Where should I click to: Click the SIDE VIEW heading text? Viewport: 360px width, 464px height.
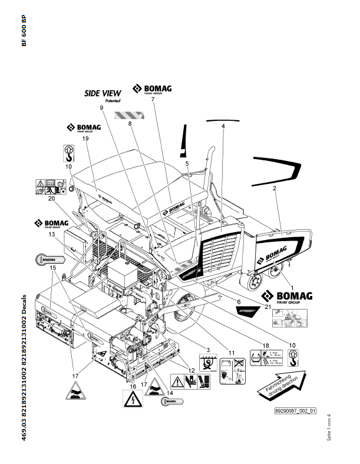click(103, 93)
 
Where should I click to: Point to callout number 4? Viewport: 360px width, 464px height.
click(223, 126)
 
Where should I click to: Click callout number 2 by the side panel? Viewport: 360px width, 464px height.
click(274, 189)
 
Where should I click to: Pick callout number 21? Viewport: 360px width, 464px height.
click(269, 307)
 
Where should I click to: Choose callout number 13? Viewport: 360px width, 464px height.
click(52, 235)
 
